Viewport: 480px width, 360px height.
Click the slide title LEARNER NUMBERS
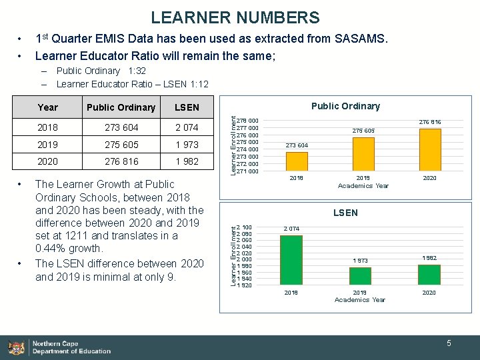(235, 18)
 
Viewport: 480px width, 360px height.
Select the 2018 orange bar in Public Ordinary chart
(296, 162)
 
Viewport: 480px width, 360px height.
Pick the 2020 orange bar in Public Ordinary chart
(429, 150)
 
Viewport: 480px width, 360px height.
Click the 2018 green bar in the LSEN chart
(291, 260)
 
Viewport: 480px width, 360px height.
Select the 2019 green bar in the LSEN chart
(360, 276)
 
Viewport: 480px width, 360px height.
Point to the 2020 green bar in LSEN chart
(429, 275)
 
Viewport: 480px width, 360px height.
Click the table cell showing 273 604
(121, 127)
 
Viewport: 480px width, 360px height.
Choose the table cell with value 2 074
(186, 127)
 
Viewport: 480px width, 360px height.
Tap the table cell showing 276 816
(121, 161)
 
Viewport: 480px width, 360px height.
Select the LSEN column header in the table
(186, 107)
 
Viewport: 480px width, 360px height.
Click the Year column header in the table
(48, 107)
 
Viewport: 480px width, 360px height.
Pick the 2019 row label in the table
(48, 145)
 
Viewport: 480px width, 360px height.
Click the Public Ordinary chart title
(345, 106)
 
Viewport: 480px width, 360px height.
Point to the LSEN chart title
(345, 213)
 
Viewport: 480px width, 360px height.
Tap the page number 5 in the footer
(449, 343)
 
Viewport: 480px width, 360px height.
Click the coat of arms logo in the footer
(16, 347)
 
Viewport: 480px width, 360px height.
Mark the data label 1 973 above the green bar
(361, 261)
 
